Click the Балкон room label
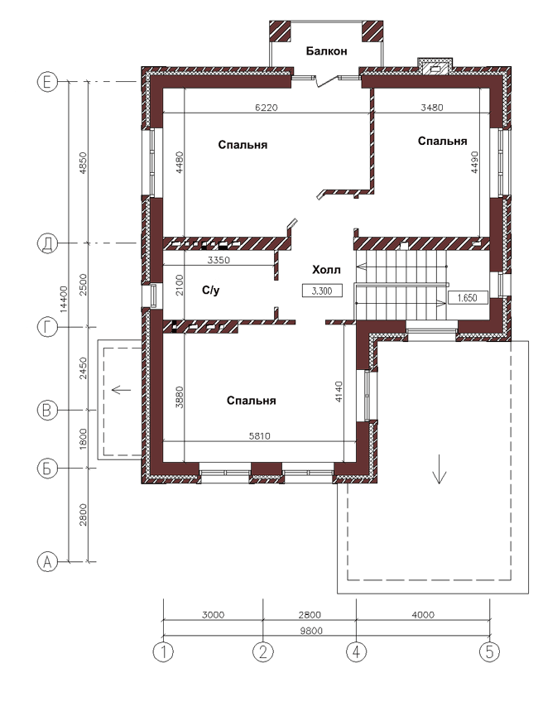(x=326, y=51)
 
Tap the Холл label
(x=326, y=270)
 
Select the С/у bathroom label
(x=211, y=291)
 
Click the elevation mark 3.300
(x=322, y=291)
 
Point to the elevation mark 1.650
(x=467, y=298)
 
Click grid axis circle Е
(x=47, y=82)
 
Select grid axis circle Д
(x=47, y=243)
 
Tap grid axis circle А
(x=47, y=561)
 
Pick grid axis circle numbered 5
(x=489, y=651)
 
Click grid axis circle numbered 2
(x=263, y=651)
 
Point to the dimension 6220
(x=267, y=108)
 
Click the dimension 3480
(x=432, y=108)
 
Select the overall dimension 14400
(x=64, y=300)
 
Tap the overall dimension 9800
(x=311, y=631)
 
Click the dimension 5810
(x=260, y=436)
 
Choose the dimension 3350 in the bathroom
(x=219, y=260)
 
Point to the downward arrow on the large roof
(x=440, y=469)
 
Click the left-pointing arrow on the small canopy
(x=122, y=390)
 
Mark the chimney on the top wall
(x=435, y=67)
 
